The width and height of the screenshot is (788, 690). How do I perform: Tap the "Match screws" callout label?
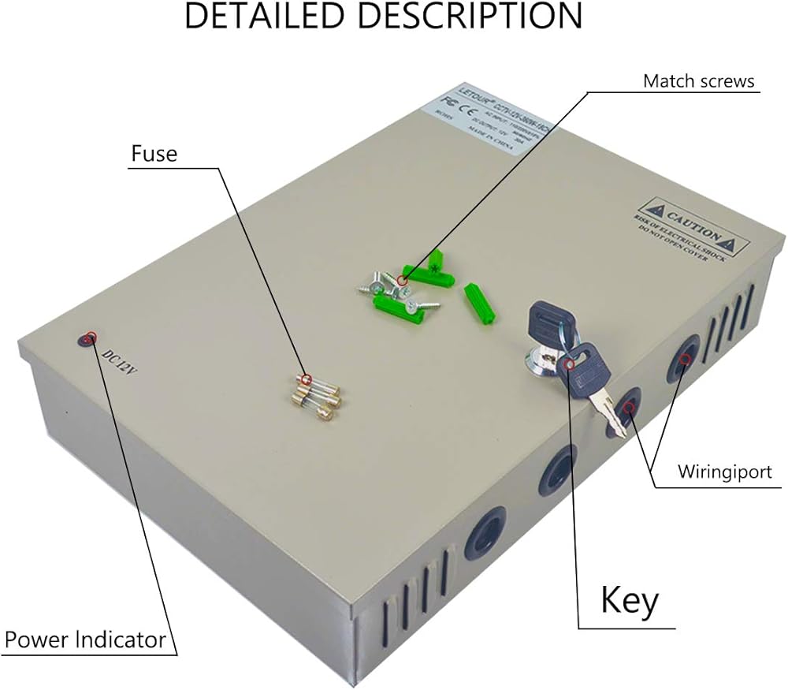click(698, 81)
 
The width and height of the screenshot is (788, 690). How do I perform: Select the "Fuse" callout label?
click(154, 153)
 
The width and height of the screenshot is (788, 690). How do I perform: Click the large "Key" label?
click(629, 601)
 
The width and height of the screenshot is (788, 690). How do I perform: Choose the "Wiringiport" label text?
click(731, 473)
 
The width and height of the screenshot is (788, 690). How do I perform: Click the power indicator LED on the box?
click(85, 340)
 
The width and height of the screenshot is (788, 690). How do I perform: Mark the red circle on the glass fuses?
click(307, 379)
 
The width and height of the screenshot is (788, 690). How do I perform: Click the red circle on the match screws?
click(402, 280)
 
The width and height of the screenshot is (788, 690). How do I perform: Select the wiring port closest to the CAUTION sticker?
click(682, 359)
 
